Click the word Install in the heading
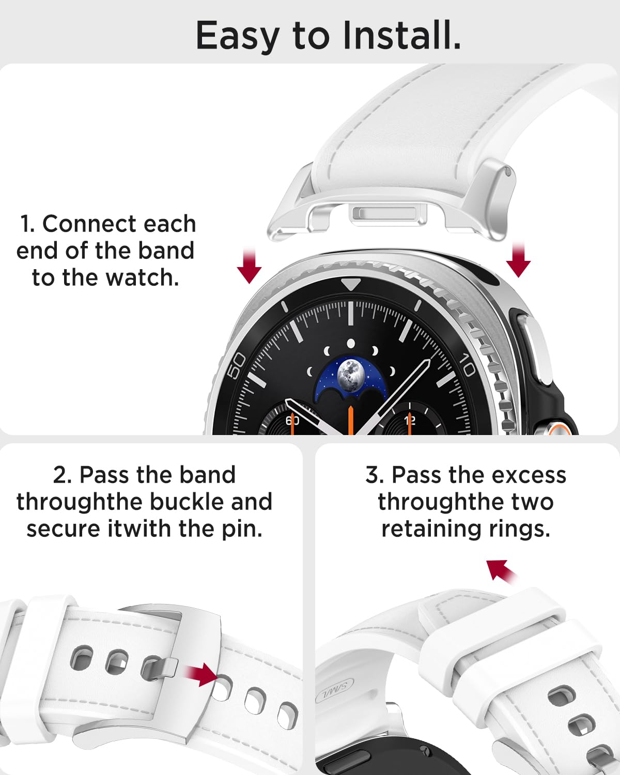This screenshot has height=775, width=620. [x=401, y=35]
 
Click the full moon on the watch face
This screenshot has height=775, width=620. [x=350, y=375]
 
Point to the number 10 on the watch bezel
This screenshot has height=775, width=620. [x=467, y=364]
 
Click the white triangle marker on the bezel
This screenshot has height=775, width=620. [x=350, y=284]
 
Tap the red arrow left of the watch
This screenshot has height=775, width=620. [x=250, y=266]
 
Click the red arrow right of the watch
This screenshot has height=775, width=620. [x=518, y=260]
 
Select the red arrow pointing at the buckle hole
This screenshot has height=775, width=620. [x=201, y=674]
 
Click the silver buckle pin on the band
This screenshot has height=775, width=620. [x=160, y=670]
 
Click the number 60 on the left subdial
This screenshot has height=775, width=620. [x=292, y=420]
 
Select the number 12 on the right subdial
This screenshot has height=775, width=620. [x=410, y=420]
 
